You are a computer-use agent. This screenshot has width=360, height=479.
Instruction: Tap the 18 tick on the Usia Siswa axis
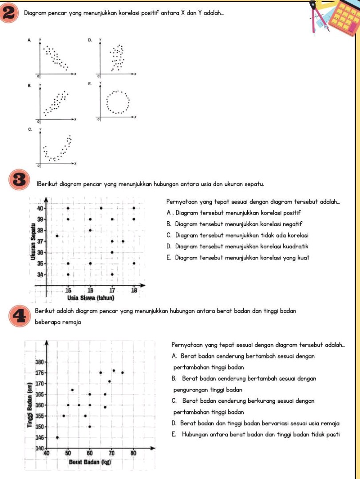[134, 290]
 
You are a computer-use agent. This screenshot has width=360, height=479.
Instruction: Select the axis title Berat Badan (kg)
[89, 462]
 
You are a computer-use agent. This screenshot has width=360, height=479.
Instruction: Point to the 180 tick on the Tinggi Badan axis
[40, 362]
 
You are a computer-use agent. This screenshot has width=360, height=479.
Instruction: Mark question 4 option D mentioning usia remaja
[255, 423]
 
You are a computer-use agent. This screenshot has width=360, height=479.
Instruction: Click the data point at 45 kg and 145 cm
[57, 437]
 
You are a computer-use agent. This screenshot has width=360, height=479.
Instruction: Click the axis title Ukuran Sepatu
[32, 242]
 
